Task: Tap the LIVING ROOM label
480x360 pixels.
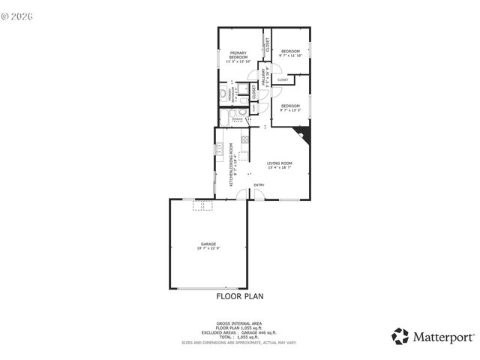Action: [280, 163]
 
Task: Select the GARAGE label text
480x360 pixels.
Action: [208, 244]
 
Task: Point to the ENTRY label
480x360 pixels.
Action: [259, 185]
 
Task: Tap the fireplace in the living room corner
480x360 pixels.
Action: [304, 134]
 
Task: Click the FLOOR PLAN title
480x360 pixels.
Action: [239, 296]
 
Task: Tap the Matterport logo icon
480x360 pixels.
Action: [400, 336]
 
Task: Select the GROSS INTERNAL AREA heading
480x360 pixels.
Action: [239, 323]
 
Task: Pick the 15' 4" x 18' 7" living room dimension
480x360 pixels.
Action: [280, 168]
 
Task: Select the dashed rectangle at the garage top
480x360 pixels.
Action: [202, 204]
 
